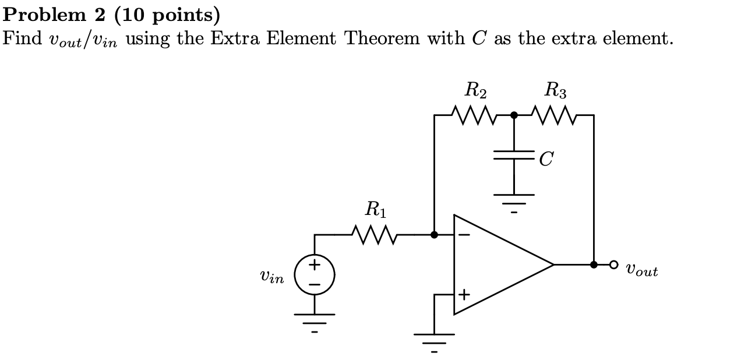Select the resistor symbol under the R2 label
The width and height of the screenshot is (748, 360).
click(x=475, y=115)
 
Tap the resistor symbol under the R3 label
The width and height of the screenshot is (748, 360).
click(x=555, y=115)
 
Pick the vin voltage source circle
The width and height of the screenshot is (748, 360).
click(x=315, y=274)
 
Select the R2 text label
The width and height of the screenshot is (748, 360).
click(x=476, y=91)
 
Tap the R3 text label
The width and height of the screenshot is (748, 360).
click(x=555, y=91)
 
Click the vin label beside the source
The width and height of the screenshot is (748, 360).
click(x=272, y=278)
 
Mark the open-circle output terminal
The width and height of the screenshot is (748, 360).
click(x=613, y=264)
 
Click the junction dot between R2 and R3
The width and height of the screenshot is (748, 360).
click(x=514, y=115)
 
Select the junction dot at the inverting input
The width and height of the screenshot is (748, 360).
click(x=435, y=235)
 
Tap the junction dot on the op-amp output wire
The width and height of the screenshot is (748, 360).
click(x=594, y=264)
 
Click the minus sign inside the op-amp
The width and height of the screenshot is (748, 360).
click(x=464, y=235)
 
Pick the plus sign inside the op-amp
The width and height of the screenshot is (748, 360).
click(x=464, y=295)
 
